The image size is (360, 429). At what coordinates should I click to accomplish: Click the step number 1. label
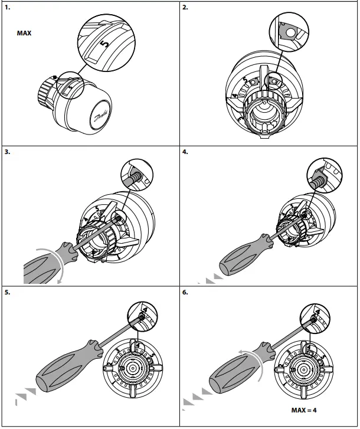[7, 8]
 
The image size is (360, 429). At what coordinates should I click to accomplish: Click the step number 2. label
[185, 8]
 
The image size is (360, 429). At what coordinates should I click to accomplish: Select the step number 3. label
[7, 152]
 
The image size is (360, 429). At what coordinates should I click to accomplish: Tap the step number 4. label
[185, 152]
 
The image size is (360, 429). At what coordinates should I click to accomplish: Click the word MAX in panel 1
[24, 34]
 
